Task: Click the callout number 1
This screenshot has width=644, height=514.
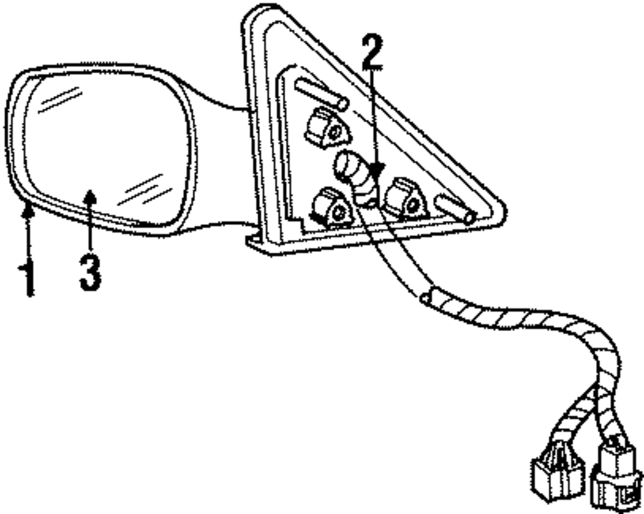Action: tap(27, 277)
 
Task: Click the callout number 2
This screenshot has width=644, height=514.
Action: tap(372, 53)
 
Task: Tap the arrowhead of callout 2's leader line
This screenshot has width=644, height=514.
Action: tap(377, 172)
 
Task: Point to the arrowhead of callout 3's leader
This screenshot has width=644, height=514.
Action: tap(90, 194)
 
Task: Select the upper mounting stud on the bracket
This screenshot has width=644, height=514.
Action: tap(321, 93)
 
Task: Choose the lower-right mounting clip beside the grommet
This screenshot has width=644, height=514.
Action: tap(405, 200)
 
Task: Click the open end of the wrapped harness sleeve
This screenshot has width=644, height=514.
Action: tap(426, 298)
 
